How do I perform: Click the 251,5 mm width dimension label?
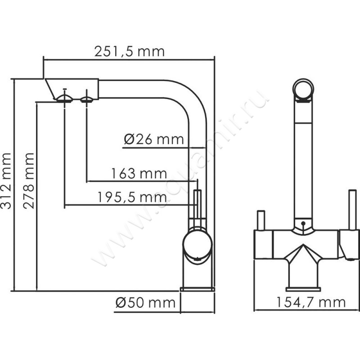129,51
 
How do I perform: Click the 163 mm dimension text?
139,173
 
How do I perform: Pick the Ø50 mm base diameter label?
145,303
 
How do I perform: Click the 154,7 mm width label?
311,302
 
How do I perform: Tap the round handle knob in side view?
197,245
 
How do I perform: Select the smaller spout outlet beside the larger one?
87,98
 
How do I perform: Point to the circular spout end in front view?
303,88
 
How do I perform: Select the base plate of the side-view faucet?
197,288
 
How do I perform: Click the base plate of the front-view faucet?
303,288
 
